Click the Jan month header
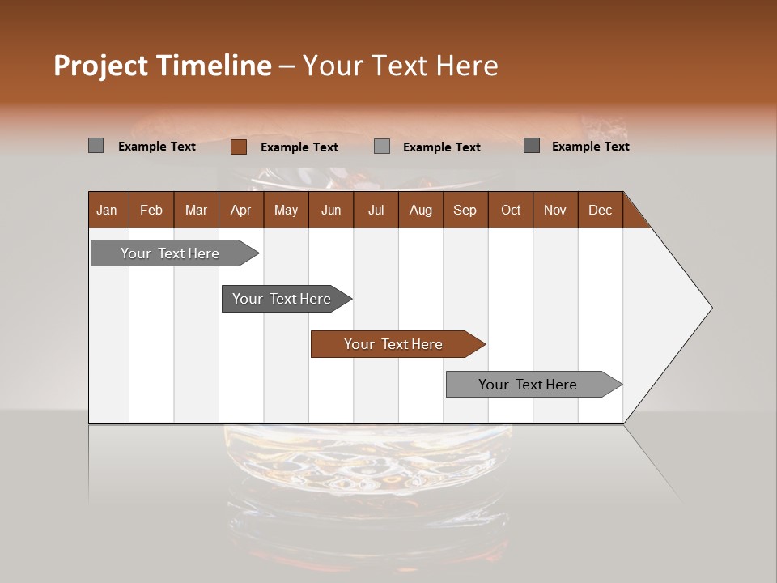[x=108, y=210]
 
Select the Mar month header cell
[x=196, y=210]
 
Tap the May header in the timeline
[x=286, y=210]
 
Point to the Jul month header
[x=376, y=210]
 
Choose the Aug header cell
[x=420, y=210]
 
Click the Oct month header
[x=510, y=210]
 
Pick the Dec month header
[x=600, y=210]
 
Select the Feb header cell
[x=151, y=210]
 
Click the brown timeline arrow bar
[x=397, y=344]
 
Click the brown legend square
[x=238, y=147]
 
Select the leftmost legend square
[x=96, y=146]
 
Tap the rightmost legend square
[x=532, y=146]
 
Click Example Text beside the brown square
[x=299, y=147]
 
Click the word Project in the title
[x=101, y=66]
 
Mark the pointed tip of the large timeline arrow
[x=711, y=308]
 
